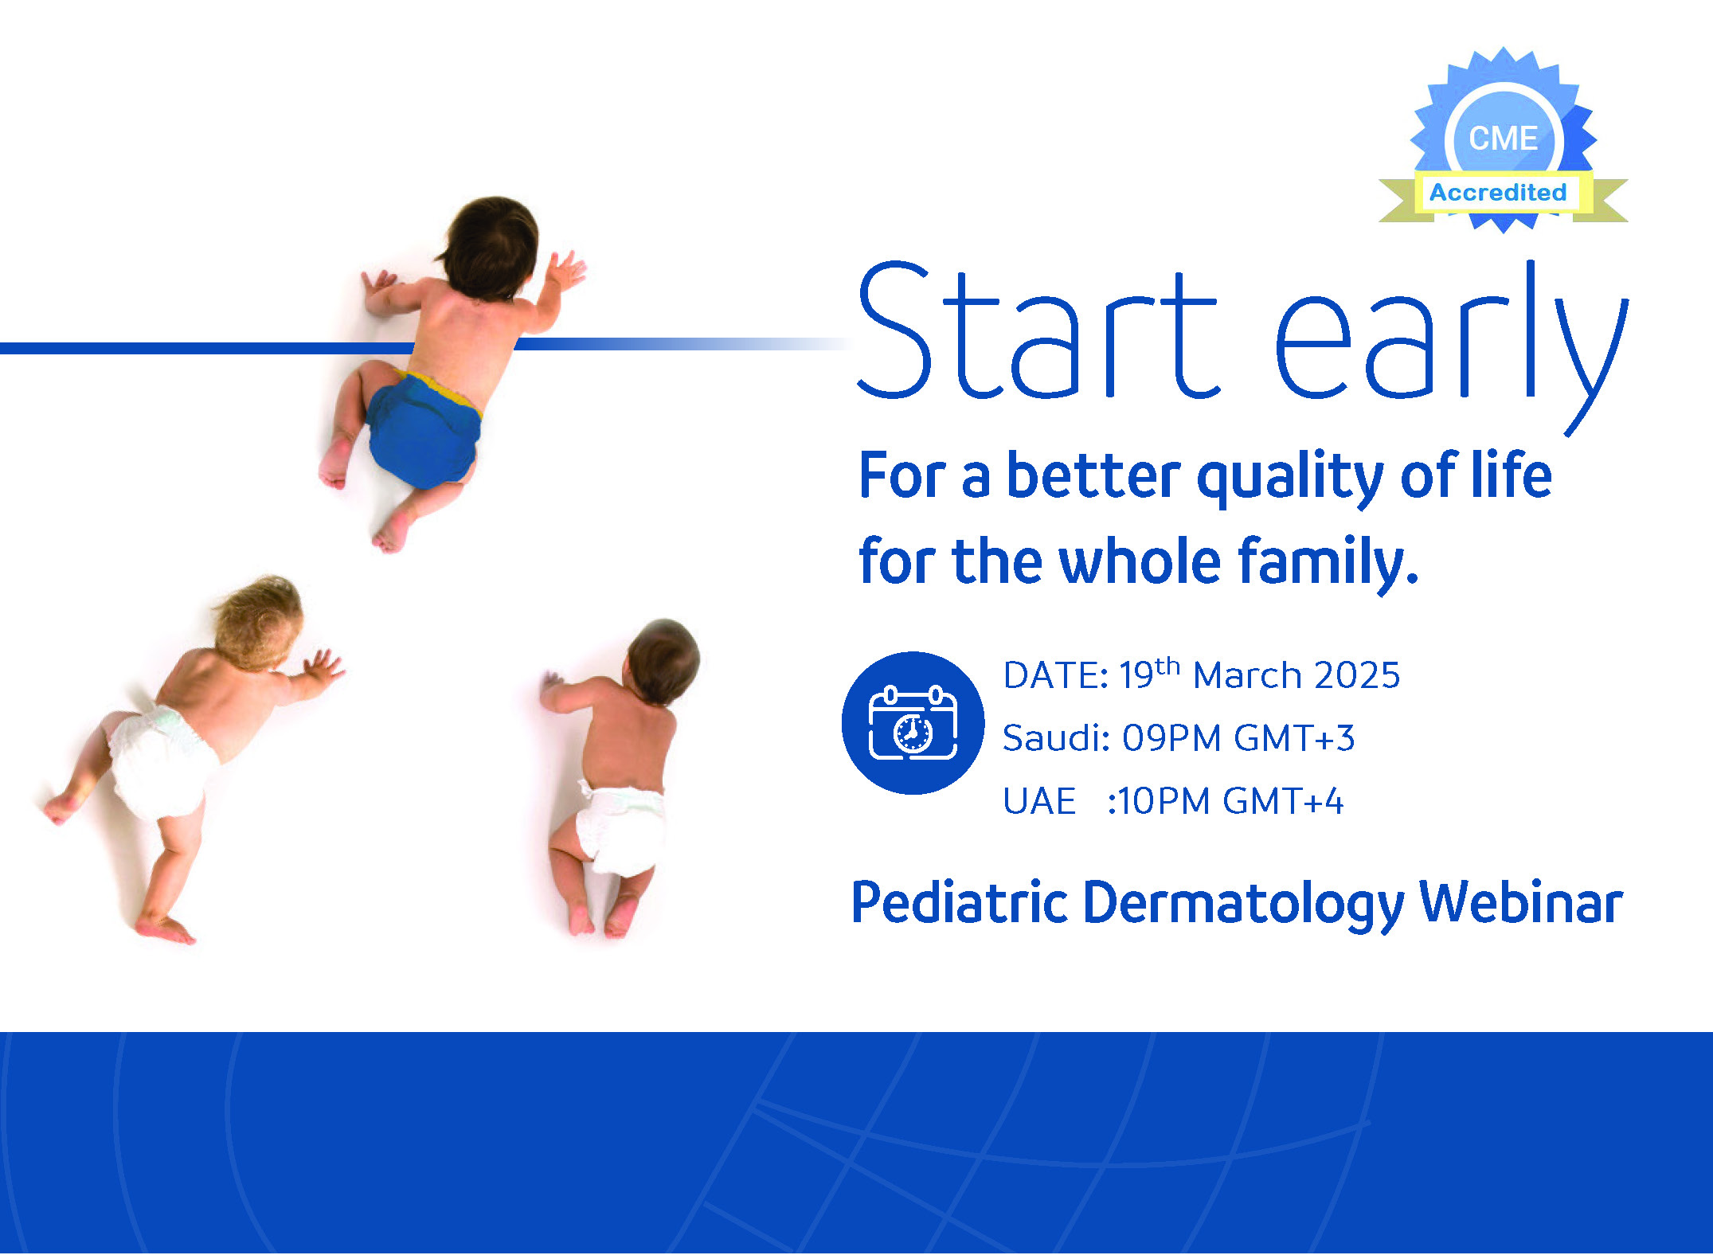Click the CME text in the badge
[x=1503, y=139]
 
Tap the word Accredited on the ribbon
[x=1498, y=193]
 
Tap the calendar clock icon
[x=913, y=723]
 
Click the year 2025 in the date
[x=1357, y=675]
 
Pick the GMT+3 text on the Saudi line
[x=1294, y=738]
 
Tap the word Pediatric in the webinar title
[x=960, y=903]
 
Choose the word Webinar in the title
[x=1521, y=903]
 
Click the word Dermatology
[x=1244, y=906]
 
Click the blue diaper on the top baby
[x=424, y=430]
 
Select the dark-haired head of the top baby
[x=488, y=248]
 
